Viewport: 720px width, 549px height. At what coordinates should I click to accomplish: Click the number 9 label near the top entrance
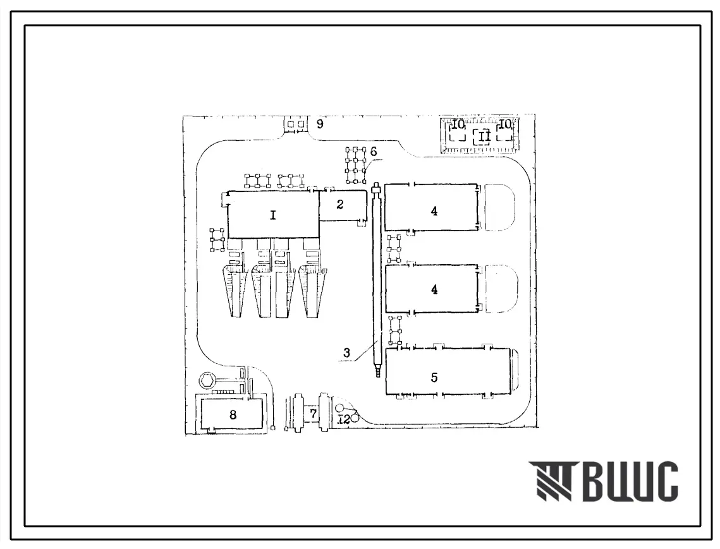click(320, 124)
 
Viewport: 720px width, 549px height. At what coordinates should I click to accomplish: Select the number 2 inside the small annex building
click(340, 204)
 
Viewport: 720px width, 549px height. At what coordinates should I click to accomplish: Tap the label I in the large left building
click(273, 215)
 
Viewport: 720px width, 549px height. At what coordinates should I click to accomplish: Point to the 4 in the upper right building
click(434, 211)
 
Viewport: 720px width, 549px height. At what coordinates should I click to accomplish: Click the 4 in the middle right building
click(434, 289)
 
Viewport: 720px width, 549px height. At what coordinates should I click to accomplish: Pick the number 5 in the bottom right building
click(434, 377)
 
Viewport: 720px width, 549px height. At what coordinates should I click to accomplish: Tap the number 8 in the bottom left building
click(233, 415)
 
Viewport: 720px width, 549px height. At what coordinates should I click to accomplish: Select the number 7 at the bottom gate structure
click(313, 414)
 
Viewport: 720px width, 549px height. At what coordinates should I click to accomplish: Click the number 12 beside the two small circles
click(344, 419)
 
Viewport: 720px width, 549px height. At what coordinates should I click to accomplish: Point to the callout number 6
click(374, 151)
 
